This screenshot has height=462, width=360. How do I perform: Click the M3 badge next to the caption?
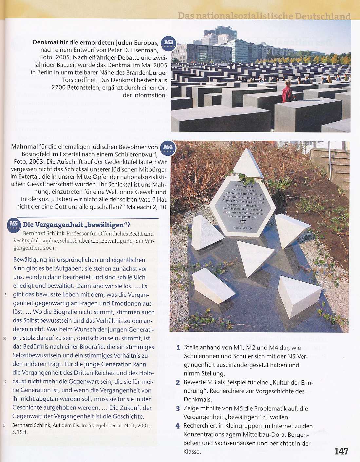168,43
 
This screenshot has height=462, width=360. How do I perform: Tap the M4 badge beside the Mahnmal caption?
167,147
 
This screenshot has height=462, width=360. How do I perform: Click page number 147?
341,452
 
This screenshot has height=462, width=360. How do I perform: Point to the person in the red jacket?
287,91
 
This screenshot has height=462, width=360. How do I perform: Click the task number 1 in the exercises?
178,348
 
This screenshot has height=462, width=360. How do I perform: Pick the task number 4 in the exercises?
178,426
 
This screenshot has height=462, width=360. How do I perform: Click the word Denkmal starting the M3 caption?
45,43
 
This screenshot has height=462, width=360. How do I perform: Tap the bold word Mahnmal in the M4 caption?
24,147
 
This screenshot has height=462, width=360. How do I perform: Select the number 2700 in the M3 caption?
60,88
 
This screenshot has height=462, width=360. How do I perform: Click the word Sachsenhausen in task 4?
232,443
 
